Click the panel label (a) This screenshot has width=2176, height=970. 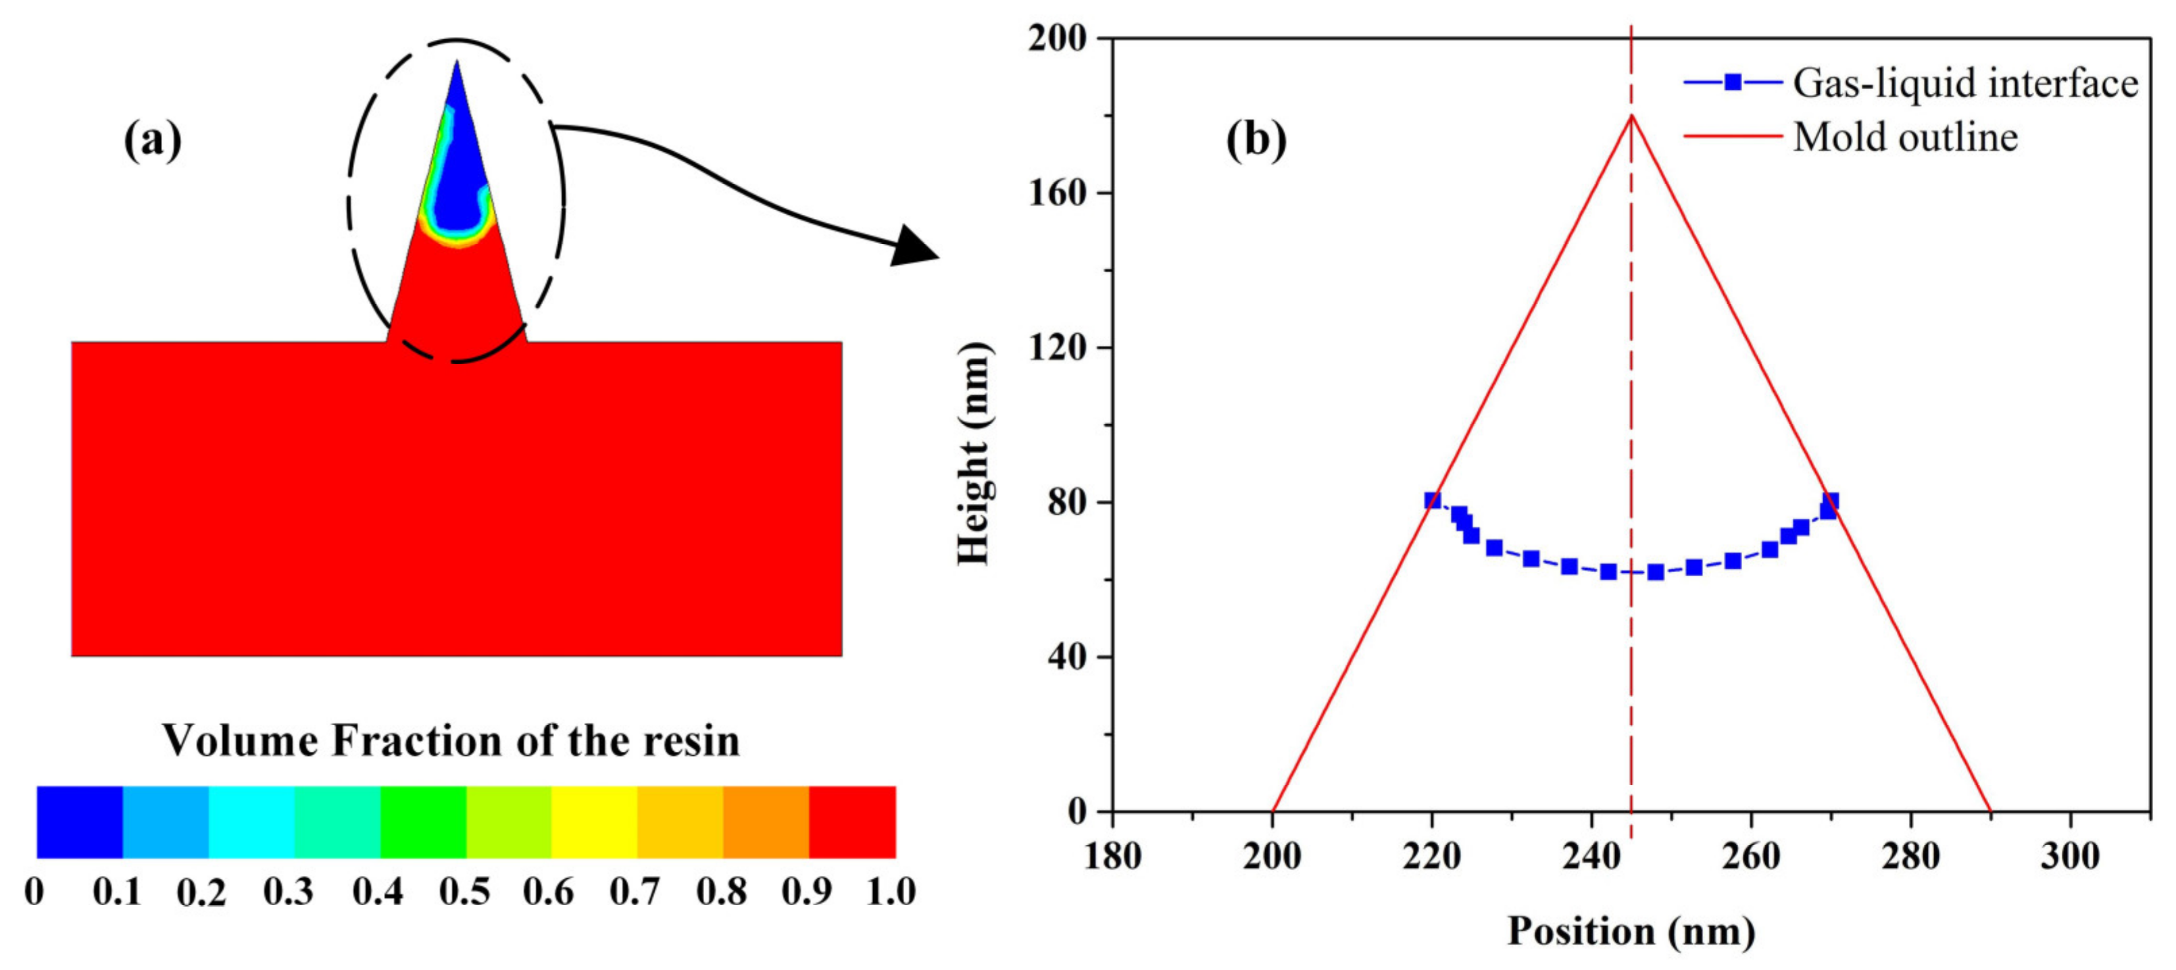click(x=153, y=140)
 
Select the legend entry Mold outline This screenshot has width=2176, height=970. click(x=1906, y=136)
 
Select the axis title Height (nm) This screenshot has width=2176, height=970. click(x=974, y=454)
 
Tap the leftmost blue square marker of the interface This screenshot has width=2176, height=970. click(x=1432, y=501)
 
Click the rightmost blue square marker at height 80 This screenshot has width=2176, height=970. click(x=1831, y=501)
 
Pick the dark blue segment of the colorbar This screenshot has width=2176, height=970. click(x=80, y=822)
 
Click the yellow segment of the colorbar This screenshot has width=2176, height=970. click(x=594, y=822)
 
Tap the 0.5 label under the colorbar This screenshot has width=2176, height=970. click(x=464, y=892)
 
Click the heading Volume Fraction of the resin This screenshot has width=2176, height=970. click(x=451, y=740)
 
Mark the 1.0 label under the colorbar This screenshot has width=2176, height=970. click(x=891, y=892)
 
